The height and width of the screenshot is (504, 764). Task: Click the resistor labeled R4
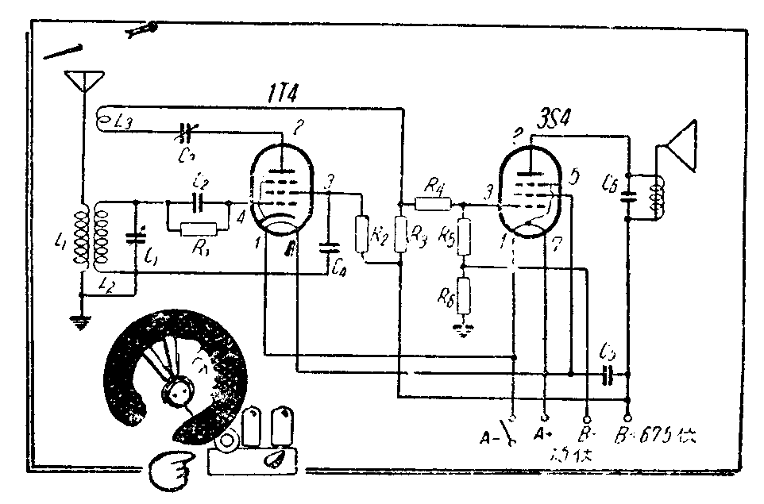[433, 204]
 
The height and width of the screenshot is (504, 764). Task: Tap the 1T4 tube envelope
[281, 187]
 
